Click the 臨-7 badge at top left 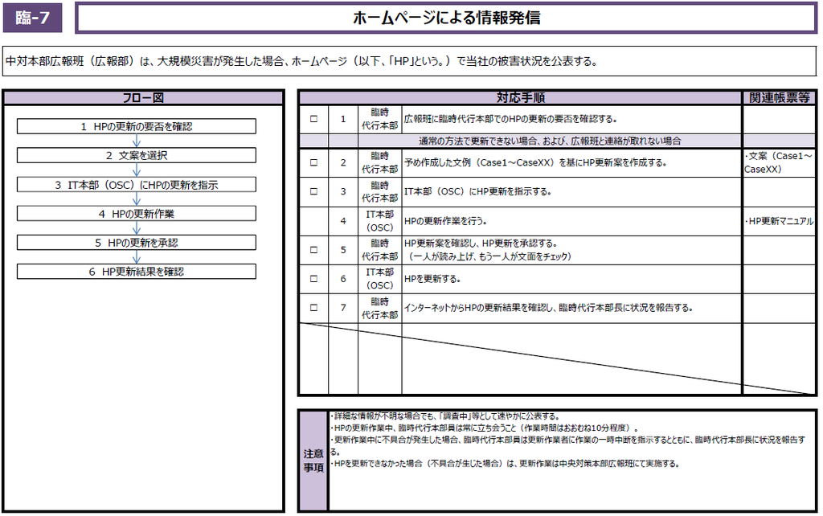(x=32, y=18)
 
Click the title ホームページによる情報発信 (x=446, y=18)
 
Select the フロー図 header (x=143, y=98)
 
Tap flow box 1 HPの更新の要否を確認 (x=137, y=126)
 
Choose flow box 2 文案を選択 (x=137, y=155)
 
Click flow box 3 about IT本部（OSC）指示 (x=137, y=184)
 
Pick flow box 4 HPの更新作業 (x=137, y=213)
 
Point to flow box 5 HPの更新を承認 (x=137, y=242)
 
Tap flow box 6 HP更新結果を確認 (x=137, y=271)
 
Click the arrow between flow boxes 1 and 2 (x=137, y=141)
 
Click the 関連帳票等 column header (x=778, y=98)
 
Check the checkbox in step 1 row (x=313, y=119)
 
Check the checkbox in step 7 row (x=313, y=308)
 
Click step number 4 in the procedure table (x=343, y=220)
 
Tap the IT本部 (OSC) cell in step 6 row (x=379, y=279)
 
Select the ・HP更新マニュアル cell (x=778, y=220)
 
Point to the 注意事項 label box (x=313, y=461)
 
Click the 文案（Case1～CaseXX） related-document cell (x=778, y=162)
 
